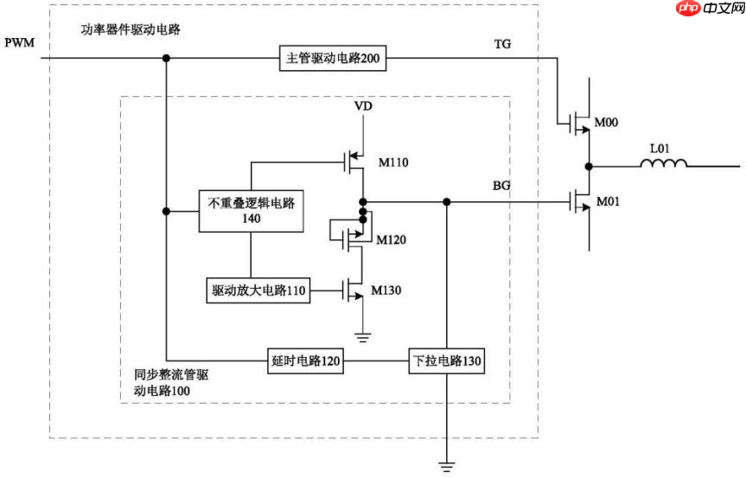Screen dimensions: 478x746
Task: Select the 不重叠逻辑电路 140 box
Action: pos(252,211)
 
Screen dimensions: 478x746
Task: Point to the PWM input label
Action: pos(19,42)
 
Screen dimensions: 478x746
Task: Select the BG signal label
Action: pos(501,186)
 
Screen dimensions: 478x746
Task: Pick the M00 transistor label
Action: pos(606,124)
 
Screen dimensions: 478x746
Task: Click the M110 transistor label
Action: pos(393,162)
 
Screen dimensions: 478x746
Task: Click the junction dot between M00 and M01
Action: pos(590,163)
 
